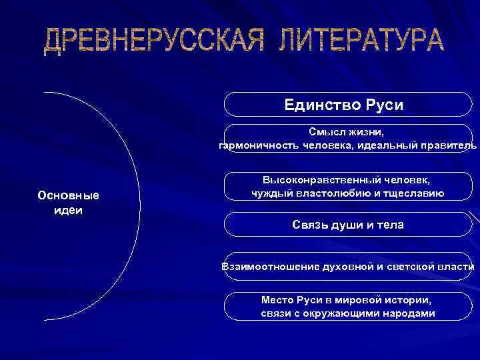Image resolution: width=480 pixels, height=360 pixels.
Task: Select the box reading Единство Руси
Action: [x=347, y=105]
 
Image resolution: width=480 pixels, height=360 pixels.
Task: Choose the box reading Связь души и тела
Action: [x=347, y=225]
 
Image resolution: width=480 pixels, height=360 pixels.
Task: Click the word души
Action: [x=347, y=225]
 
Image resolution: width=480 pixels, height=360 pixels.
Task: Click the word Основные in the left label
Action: [x=68, y=196]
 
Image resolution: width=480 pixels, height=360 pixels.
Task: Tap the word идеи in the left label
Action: [x=68, y=209]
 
